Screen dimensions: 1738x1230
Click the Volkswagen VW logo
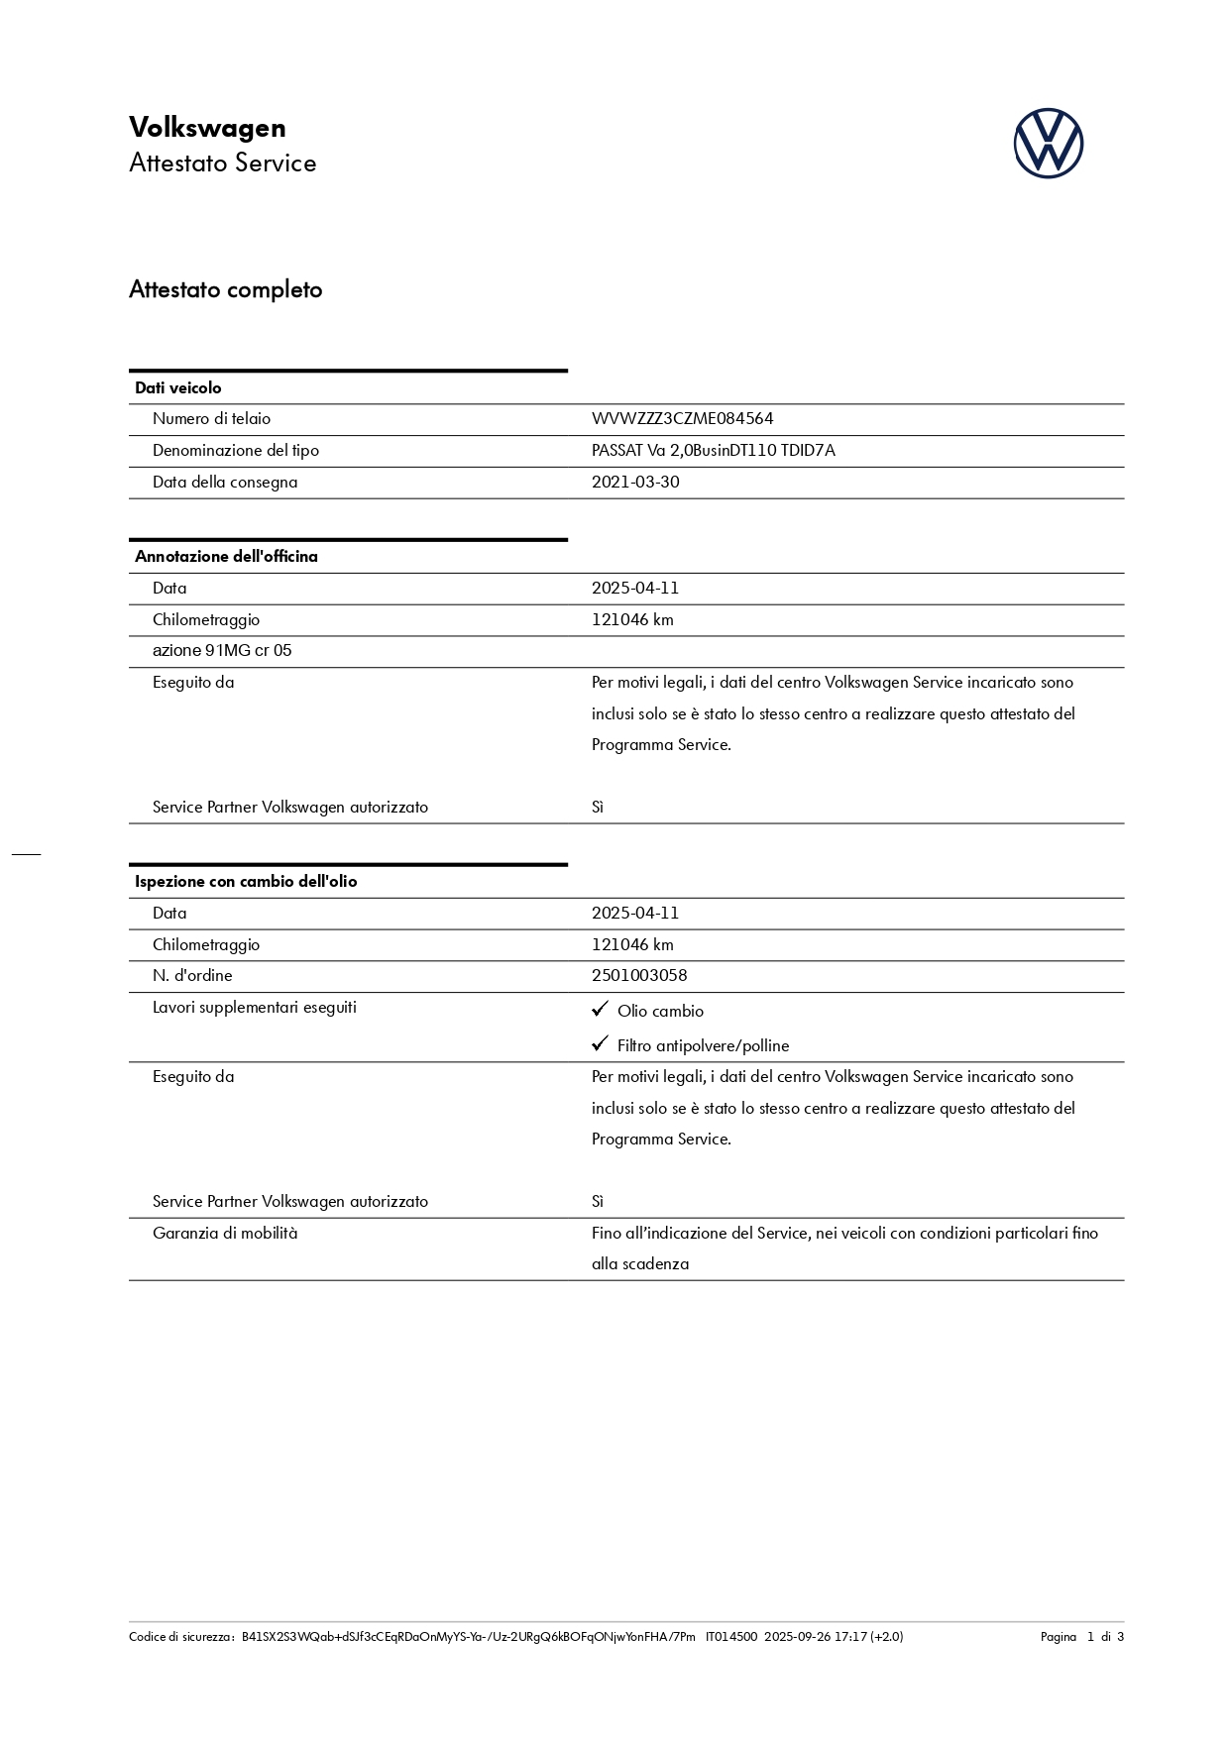coord(1048,144)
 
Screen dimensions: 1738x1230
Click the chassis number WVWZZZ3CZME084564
coord(682,419)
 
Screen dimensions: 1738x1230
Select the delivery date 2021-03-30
coord(635,483)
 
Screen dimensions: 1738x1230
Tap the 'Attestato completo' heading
coord(226,290)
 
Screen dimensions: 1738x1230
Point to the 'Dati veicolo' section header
coord(178,388)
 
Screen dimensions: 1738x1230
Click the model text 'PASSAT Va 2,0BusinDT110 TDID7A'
coord(713,451)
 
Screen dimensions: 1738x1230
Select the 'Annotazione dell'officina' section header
coord(226,557)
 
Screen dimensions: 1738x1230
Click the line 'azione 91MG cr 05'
coord(222,651)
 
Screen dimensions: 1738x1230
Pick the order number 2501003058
coord(639,976)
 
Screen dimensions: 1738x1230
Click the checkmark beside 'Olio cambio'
coord(600,1010)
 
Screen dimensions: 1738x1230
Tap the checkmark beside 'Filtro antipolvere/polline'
coord(600,1044)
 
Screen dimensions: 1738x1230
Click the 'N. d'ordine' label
coord(192,976)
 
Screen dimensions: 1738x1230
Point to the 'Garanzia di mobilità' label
coord(225,1234)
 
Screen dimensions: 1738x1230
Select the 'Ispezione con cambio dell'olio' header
coord(246,882)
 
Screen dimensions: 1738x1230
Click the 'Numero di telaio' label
coord(211,419)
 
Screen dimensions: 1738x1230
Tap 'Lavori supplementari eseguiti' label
coord(255,1008)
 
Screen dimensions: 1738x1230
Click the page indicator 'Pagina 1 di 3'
coord(1081,1637)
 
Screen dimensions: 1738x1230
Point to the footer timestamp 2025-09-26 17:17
coord(815,1637)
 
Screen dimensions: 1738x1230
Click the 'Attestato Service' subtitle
coord(223,163)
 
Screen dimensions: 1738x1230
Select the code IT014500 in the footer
coord(730,1637)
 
